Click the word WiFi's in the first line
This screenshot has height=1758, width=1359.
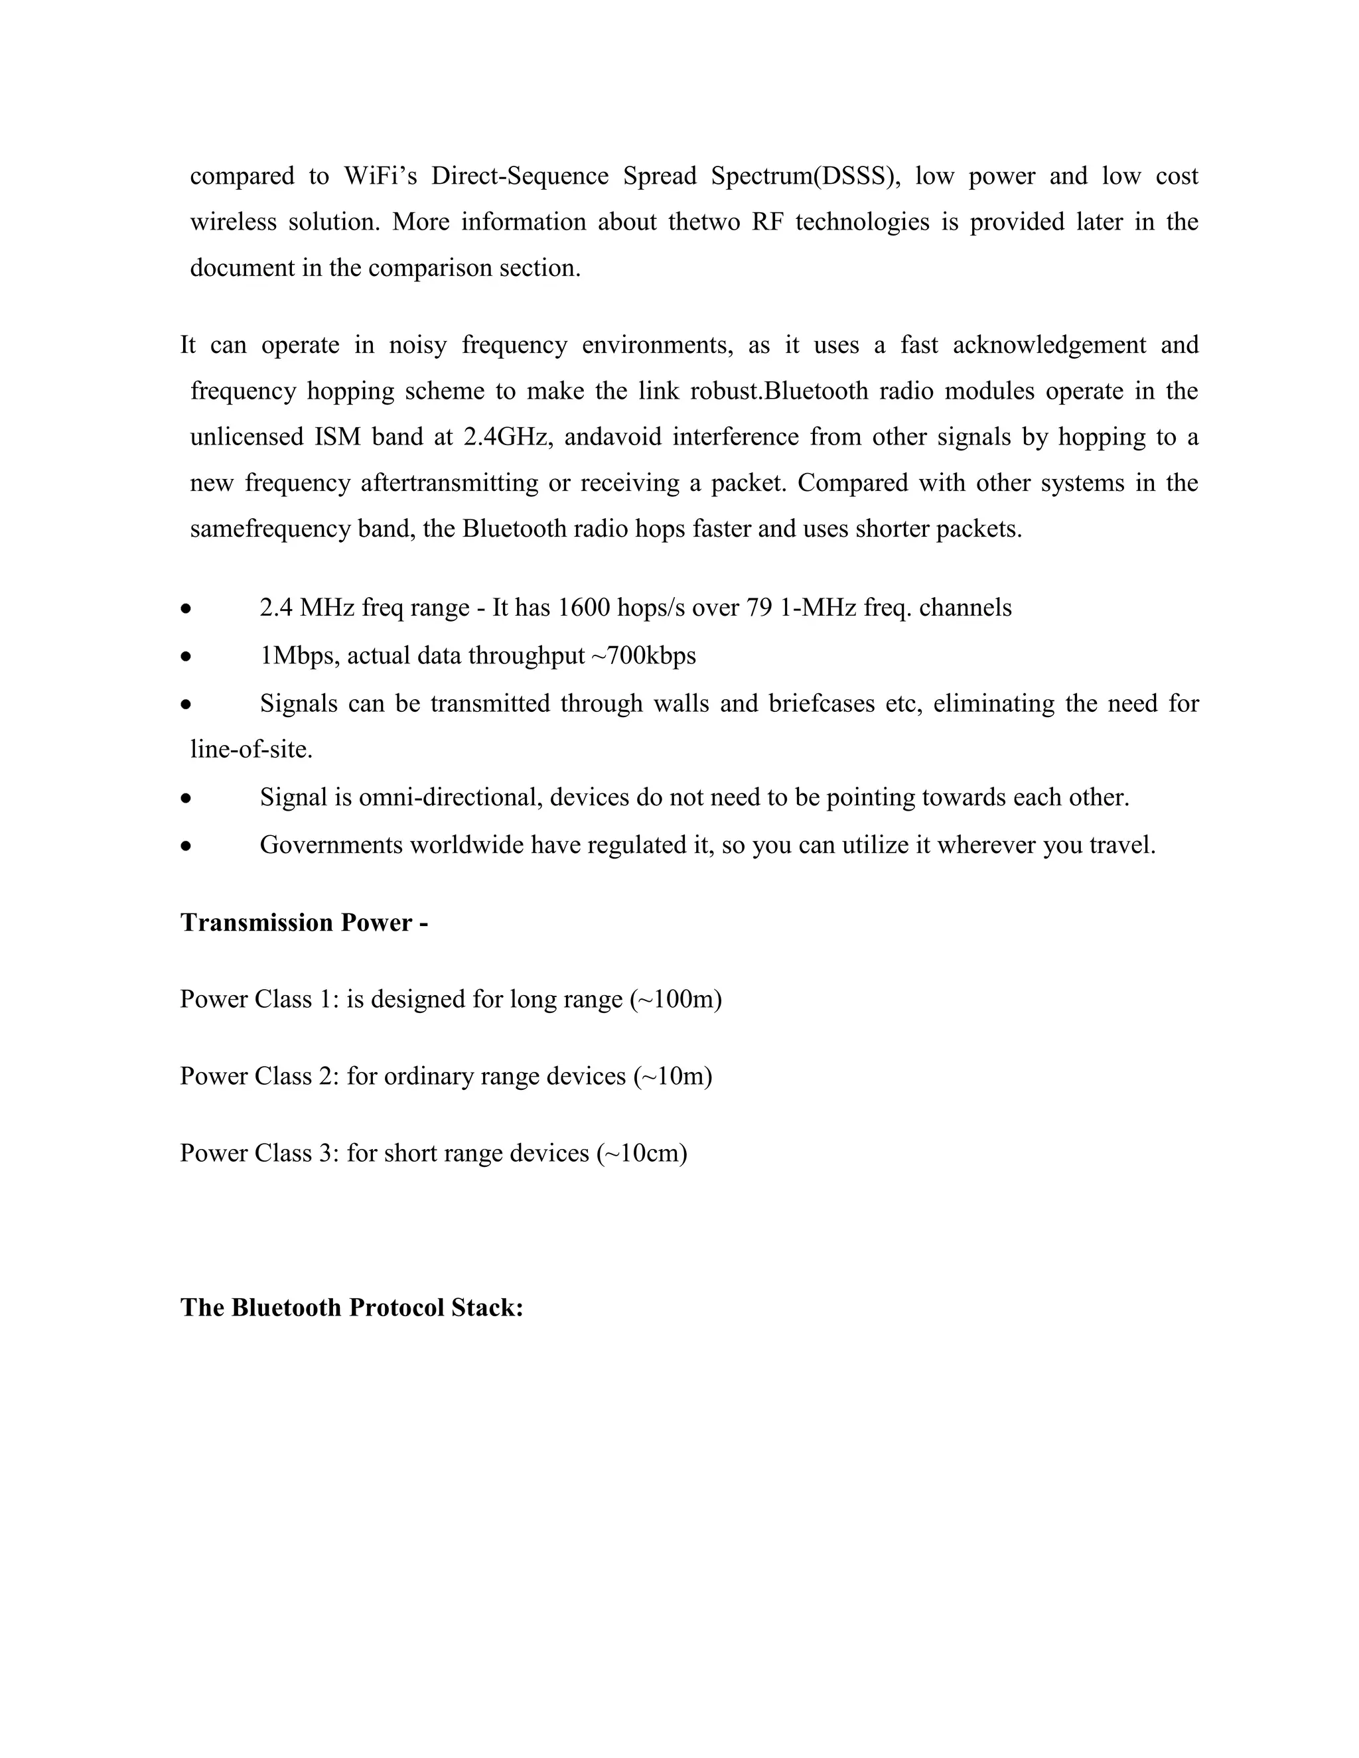380,176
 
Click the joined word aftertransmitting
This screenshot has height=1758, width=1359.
449,483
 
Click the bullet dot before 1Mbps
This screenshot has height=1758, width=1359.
186,657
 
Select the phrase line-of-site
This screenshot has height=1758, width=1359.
250,750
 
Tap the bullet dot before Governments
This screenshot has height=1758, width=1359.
186,846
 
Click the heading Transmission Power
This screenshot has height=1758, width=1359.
303,923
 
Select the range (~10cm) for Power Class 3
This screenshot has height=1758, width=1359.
642,1153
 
